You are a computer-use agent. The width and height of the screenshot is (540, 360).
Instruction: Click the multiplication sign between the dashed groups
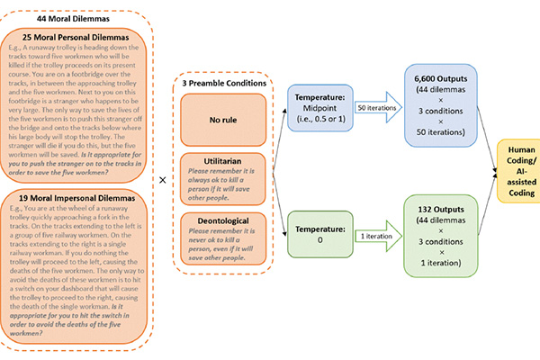coord(162,179)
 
